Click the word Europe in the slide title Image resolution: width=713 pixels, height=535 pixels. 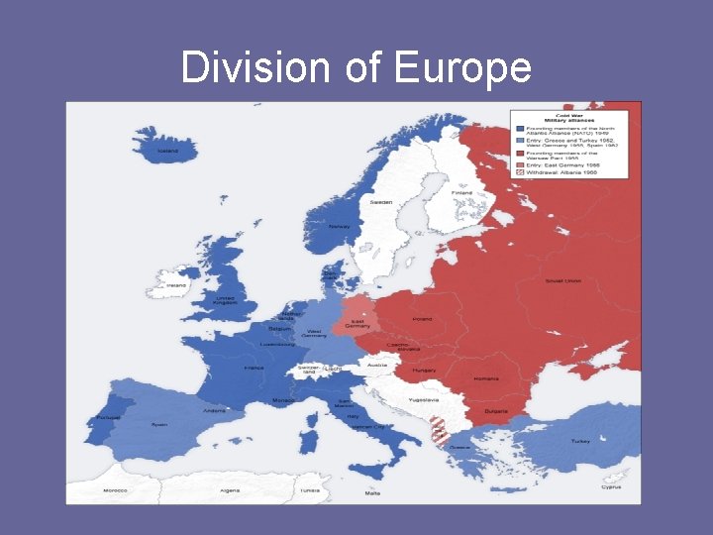point(462,68)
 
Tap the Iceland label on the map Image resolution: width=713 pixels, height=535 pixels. point(168,152)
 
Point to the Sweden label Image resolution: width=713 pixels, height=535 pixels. point(381,202)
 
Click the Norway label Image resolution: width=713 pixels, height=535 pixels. point(339,226)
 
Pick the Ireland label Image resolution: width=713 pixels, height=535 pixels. point(176,285)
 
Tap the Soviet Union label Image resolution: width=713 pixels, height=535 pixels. point(562,280)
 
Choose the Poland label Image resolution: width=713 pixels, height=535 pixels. point(423,319)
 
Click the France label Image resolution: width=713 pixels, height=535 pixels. point(255,368)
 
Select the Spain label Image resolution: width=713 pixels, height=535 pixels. point(158,424)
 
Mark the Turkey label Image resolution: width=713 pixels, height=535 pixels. point(580,441)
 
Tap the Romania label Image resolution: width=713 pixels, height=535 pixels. point(486,379)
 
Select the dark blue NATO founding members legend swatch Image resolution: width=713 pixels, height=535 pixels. point(517,128)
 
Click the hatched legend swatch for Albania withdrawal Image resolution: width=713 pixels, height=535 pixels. point(517,171)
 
